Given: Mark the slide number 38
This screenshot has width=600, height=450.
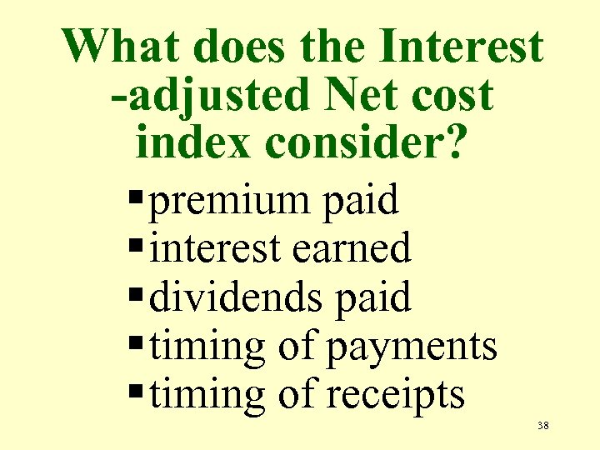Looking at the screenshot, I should click(x=542, y=426).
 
